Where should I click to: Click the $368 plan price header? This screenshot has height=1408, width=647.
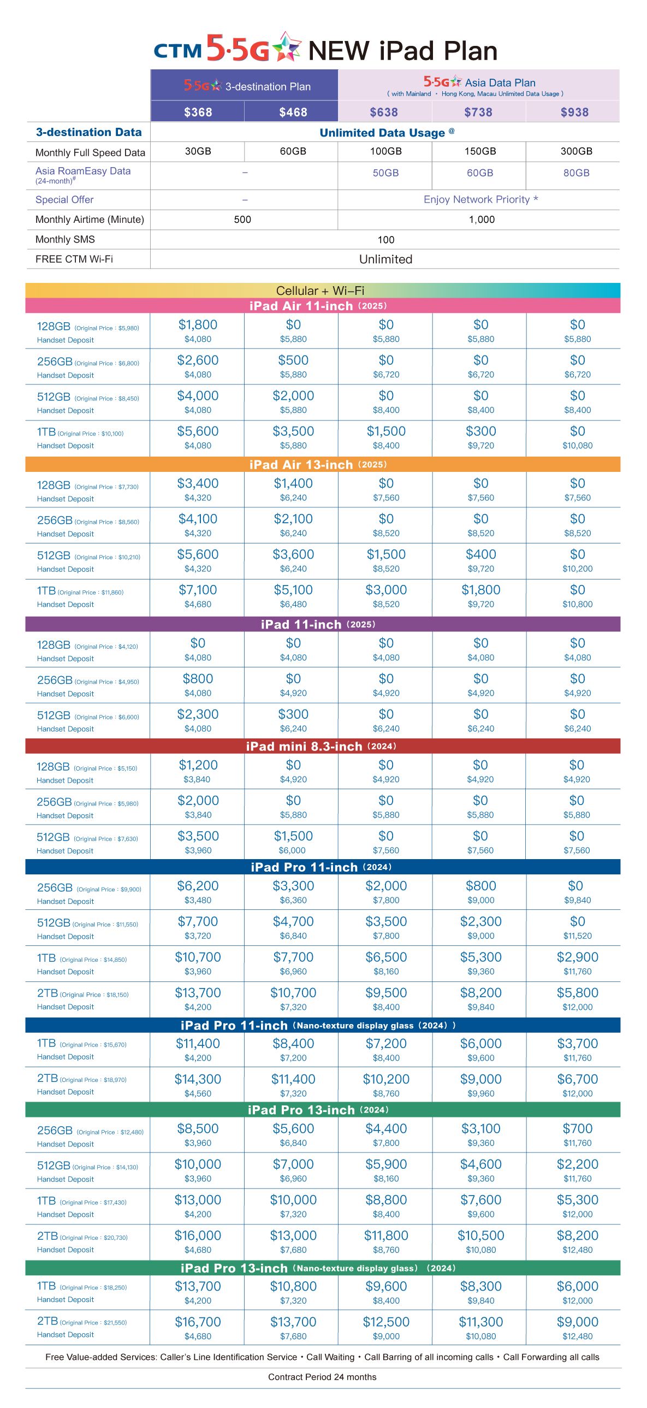coord(198,112)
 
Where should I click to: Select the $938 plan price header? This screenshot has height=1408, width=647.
coord(574,112)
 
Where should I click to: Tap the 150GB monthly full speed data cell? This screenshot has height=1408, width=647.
coord(480,151)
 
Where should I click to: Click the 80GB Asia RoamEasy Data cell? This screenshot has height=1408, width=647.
coord(577,173)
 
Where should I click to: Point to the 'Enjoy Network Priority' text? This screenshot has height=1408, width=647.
coord(477,199)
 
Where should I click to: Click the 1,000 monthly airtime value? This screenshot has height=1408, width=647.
coord(482,220)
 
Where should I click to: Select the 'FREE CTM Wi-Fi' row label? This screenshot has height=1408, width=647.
coord(74,259)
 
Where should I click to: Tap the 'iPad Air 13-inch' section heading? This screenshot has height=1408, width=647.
coord(301,465)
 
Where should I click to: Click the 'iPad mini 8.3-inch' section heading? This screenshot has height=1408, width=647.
coord(304,746)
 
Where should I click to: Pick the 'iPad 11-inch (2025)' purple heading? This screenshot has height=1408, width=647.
coord(318,624)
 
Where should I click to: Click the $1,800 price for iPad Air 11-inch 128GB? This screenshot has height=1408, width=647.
coord(198,324)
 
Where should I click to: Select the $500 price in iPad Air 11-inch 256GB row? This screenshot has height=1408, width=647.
coord(293,360)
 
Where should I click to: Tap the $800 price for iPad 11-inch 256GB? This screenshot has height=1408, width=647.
coord(198,678)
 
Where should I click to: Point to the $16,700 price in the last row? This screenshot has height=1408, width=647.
coord(198,1322)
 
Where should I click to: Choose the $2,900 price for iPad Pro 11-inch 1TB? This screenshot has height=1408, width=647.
coord(578,957)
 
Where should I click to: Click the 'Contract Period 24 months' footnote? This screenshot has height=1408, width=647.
coord(322,1377)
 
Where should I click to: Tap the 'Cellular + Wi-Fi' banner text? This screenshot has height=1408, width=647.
coord(320,290)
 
